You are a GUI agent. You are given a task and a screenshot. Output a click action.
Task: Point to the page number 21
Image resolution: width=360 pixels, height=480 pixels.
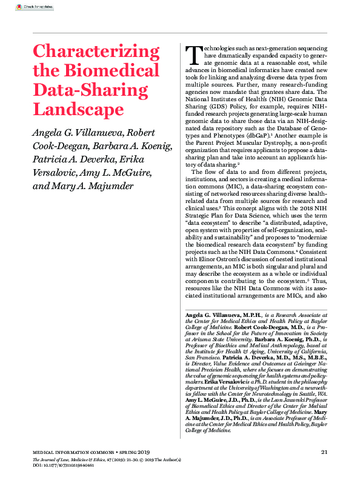click(324, 452)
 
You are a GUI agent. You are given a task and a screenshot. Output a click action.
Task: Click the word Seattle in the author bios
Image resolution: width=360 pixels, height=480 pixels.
click(306, 393)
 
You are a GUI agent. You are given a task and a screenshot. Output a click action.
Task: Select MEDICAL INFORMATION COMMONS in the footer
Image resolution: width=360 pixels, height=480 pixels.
click(61, 452)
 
